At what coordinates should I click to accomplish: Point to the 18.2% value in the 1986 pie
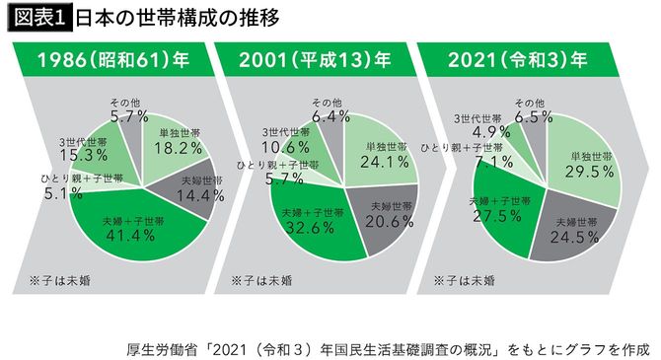pyautogui.click(x=179, y=147)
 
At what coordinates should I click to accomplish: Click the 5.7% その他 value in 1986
pyautogui.click(x=129, y=115)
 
